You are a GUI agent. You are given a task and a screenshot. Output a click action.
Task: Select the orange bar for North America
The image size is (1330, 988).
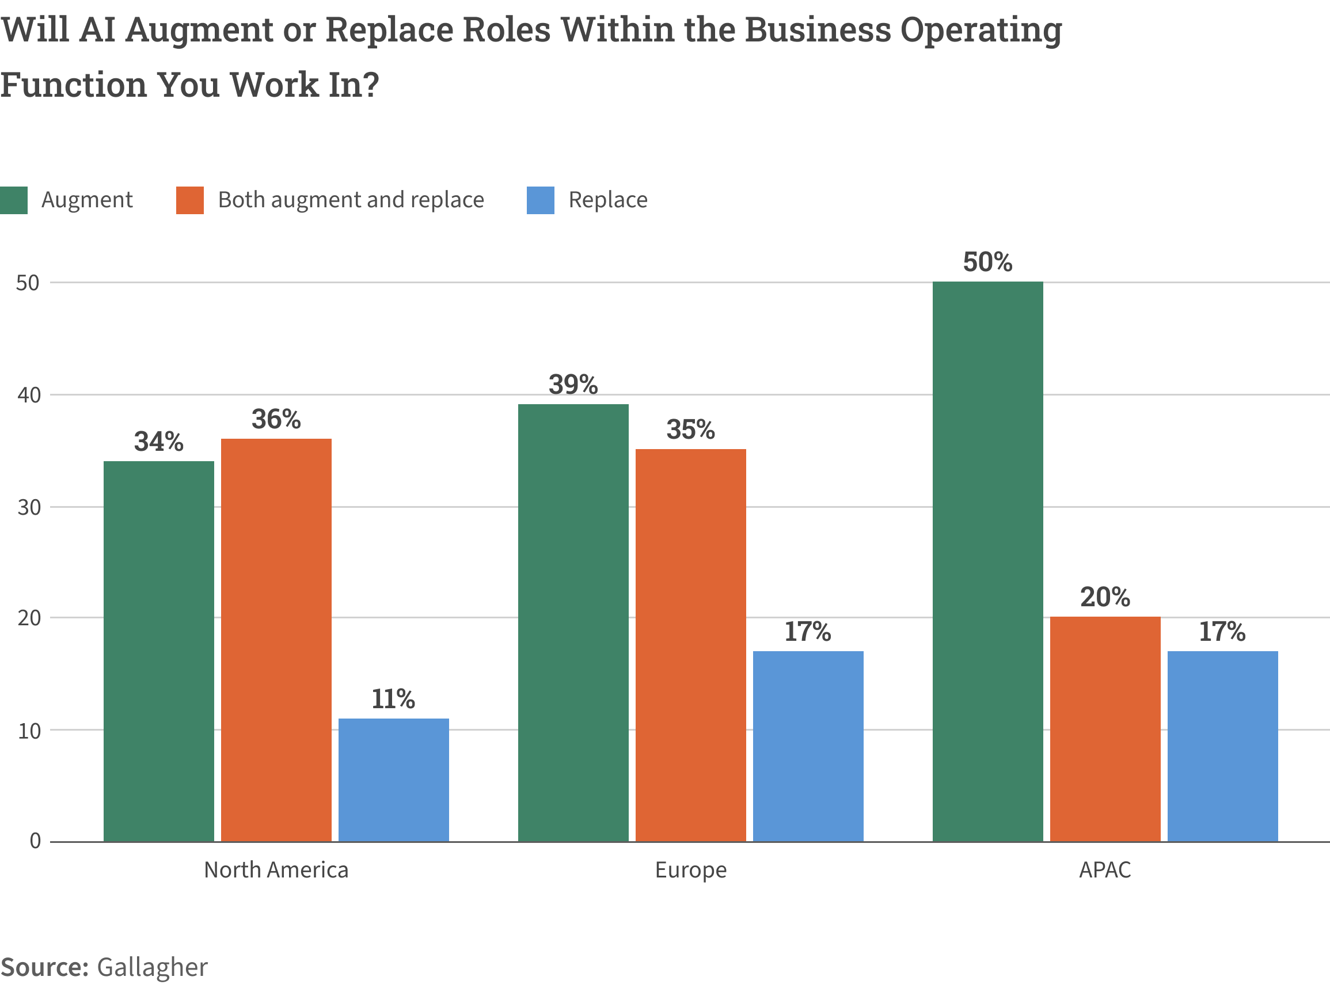pos(276,640)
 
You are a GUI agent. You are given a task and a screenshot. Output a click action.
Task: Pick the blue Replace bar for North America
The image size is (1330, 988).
pos(393,780)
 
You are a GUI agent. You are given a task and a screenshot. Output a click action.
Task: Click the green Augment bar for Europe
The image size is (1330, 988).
pos(573,622)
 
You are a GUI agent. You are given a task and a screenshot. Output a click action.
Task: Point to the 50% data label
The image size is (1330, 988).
pos(987,262)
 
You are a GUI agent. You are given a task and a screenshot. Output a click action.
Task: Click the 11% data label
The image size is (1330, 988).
pos(393,698)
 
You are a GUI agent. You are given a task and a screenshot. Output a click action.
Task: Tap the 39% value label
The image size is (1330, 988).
pos(573,384)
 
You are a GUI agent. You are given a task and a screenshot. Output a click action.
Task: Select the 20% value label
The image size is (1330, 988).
pos(1105,597)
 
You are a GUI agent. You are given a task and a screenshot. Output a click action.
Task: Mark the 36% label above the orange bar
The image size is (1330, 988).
pos(276,419)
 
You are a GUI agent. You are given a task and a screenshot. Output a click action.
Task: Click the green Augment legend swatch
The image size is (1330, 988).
pos(14,200)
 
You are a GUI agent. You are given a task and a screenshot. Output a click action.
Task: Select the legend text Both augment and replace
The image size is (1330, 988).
pos(351,200)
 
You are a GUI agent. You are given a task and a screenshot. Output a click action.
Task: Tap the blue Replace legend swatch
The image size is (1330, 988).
pos(540,200)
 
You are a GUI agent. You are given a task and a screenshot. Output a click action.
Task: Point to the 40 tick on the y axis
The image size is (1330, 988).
pos(28,395)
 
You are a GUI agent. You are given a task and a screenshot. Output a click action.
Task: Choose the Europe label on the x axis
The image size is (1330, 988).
pos(691,869)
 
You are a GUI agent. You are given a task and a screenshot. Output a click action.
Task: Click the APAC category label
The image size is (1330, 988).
pos(1105,869)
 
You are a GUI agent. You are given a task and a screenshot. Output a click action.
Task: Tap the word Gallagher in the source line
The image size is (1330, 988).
pos(153,967)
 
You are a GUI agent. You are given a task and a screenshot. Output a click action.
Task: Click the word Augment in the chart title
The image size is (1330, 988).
pos(199,30)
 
